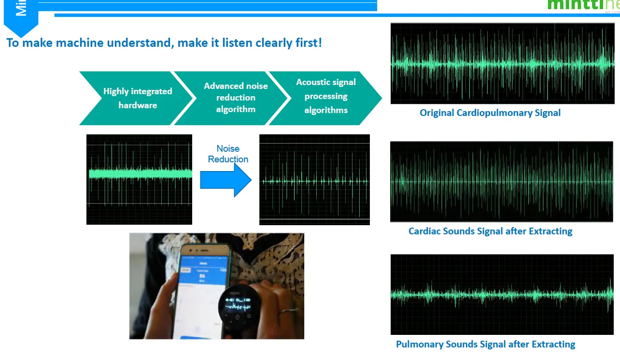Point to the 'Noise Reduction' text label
coord(228,154)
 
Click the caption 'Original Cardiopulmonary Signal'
coord(490,113)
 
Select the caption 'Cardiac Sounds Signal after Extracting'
coord(490,231)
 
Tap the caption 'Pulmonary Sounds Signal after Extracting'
coord(485,345)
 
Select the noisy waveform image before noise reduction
coord(139,179)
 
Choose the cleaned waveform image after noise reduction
coord(314,180)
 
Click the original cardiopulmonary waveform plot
coord(502,63)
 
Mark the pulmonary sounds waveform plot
coord(502,294)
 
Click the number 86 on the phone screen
coord(202,276)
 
